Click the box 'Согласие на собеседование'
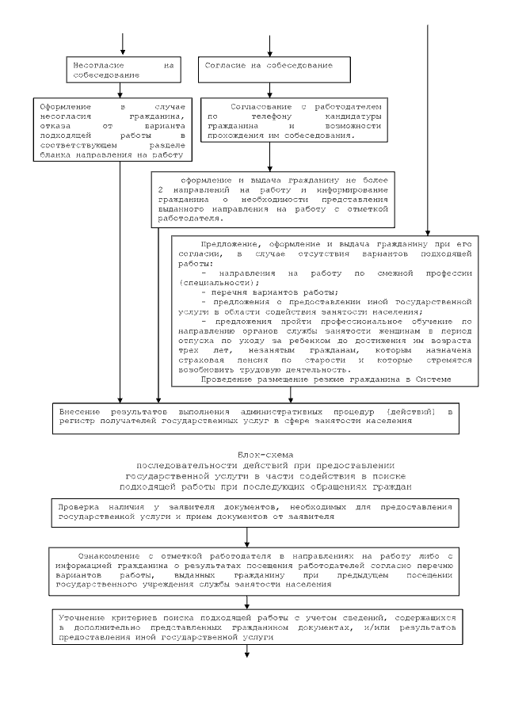click(273, 68)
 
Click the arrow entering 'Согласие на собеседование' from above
click(270, 44)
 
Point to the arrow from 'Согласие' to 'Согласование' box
click(270, 89)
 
